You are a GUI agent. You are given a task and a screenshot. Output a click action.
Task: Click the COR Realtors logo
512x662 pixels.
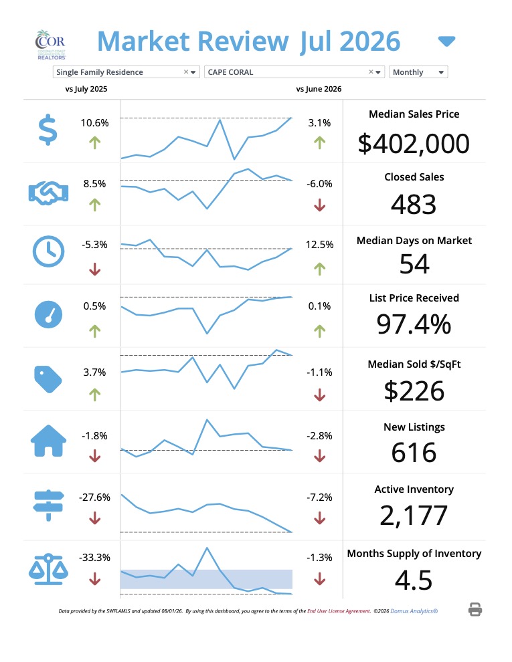click(50, 44)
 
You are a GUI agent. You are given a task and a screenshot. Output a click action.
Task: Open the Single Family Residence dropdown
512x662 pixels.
click(126, 72)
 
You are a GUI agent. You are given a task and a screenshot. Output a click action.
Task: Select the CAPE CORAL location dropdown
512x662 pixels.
click(294, 72)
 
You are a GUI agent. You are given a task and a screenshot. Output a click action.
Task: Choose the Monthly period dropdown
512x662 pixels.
click(418, 72)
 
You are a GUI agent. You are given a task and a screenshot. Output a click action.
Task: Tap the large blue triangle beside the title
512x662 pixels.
click(446, 41)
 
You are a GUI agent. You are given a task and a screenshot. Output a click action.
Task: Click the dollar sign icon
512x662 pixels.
click(48, 130)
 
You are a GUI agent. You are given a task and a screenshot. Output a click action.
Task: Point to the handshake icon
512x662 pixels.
click(48, 193)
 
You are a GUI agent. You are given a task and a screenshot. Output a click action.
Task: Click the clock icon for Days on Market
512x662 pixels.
click(49, 251)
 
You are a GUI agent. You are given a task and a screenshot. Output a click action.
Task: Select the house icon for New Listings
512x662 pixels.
click(49, 441)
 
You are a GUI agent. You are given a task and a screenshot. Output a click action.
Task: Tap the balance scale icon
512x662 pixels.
click(48, 569)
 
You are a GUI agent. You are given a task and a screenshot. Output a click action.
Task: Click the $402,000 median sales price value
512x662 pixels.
click(414, 144)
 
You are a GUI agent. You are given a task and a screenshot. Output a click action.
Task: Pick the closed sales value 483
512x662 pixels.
click(414, 205)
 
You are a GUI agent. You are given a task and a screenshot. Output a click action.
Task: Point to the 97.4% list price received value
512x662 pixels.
click(414, 324)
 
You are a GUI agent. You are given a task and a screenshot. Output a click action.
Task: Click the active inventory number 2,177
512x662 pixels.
click(414, 515)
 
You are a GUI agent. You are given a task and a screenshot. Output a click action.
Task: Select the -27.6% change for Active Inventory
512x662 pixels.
click(94, 498)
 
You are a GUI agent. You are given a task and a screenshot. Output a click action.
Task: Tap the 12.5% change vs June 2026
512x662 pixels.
click(320, 245)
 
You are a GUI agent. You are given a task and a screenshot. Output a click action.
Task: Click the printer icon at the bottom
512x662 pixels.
click(475, 610)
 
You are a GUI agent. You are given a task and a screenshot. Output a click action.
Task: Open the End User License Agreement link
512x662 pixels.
click(339, 611)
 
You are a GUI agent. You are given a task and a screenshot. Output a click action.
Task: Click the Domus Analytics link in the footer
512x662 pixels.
click(414, 611)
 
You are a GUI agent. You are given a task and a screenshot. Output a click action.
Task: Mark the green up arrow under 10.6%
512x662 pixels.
click(94, 142)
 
